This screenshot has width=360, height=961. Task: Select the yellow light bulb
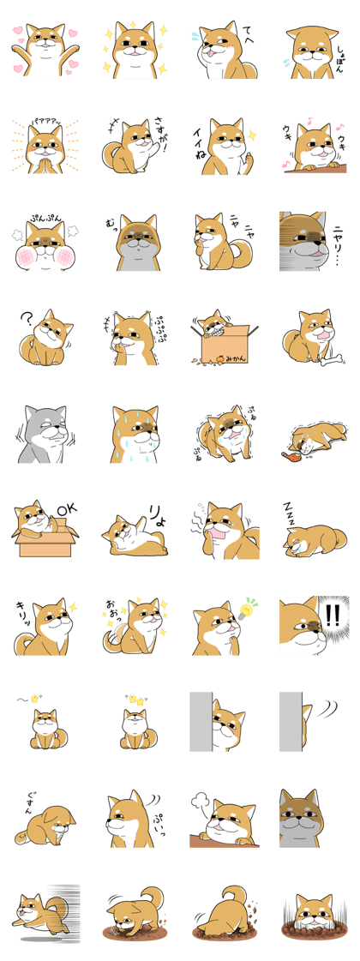point(251,608)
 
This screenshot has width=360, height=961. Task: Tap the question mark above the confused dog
point(27,320)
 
